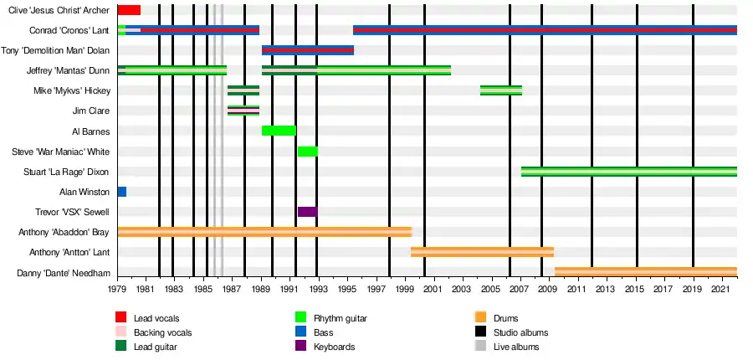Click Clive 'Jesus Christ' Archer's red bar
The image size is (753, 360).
pos(129,10)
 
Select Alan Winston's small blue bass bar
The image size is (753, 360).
pos(122,192)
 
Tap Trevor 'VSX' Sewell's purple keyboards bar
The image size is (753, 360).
pos(308,212)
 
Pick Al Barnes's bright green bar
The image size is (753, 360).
pos(279,131)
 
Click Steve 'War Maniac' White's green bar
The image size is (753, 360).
pos(308,152)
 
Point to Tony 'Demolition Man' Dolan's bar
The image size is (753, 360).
pos(308,50)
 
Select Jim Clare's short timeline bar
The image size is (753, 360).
pos(243,111)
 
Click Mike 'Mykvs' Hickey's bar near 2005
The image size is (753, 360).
pos(501,90)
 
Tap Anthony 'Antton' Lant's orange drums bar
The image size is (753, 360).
pos(482,252)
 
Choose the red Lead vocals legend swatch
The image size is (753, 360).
pos(121,317)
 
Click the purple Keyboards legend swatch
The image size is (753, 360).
pos(301,346)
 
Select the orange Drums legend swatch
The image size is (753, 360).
pos(481,317)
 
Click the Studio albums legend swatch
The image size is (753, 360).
pos(481,332)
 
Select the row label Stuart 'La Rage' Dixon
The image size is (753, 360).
pos(66,172)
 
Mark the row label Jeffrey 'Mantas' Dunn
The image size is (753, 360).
pos(68,71)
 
